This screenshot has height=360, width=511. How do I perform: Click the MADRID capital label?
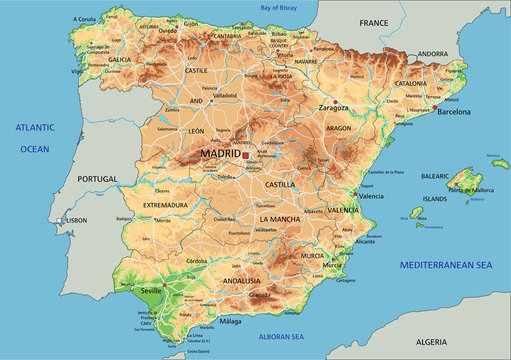point(220,154)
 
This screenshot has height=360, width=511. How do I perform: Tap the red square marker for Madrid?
point(246,155)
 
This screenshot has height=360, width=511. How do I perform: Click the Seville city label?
point(153,291)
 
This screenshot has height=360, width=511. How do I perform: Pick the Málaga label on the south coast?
point(231,321)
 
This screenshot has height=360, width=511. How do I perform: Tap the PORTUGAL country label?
point(97,179)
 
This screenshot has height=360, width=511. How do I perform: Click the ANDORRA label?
point(432,53)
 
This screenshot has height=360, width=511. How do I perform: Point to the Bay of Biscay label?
point(280,7)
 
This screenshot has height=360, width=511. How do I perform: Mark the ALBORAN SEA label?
point(281,337)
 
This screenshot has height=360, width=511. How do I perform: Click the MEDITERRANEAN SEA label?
point(446,265)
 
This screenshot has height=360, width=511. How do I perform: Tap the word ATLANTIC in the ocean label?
point(34,128)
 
